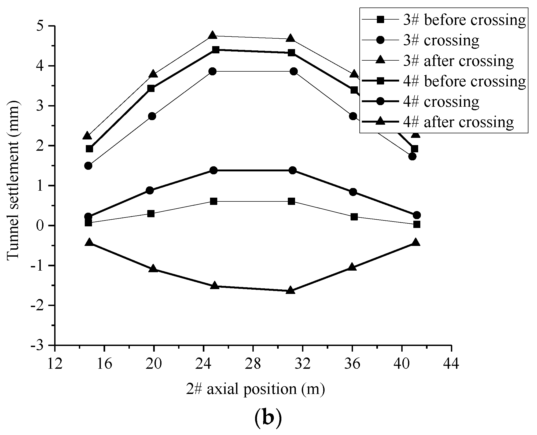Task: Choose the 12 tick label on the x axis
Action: pos(55,364)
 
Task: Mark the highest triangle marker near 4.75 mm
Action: pos(212,35)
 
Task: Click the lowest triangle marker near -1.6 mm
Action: pos(290,290)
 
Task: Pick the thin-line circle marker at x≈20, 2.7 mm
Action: pos(152,116)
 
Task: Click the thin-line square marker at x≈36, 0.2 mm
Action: pos(354,217)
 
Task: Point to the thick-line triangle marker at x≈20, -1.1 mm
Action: pos(153,269)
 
